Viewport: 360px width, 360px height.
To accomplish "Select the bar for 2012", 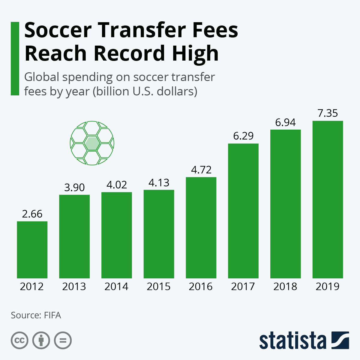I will click(x=32, y=250).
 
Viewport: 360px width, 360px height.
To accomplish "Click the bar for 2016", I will click(x=201, y=227).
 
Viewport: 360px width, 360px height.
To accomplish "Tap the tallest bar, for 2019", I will click(x=328, y=199).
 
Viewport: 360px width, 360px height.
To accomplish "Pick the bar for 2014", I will click(x=117, y=235).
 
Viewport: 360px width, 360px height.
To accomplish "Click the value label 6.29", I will click(x=243, y=136).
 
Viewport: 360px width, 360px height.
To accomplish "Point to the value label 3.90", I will click(x=74, y=187).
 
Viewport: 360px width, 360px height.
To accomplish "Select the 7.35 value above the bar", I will click(x=328, y=113).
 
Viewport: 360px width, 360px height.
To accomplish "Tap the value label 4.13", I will click(x=159, y=182).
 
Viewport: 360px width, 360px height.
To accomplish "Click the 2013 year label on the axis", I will click(x=74, y=286).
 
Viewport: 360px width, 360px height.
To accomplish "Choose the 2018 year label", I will click(x=285, y=286).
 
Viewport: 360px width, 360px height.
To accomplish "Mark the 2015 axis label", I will click(x=159, y=286).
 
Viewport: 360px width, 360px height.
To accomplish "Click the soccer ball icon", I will click(x=92, y=143).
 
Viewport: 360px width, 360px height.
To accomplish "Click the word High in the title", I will click(x=195, y=53).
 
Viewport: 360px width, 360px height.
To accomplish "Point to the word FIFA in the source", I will click(x=52, y=315).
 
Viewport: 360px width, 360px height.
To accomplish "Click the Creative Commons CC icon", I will click(x=19, y=340).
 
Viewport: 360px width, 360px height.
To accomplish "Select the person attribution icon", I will click(x=41, y=340).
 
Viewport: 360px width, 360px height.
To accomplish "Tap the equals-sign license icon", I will click(x=63, y=340).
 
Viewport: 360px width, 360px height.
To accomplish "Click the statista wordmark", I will click(x=292, y=341).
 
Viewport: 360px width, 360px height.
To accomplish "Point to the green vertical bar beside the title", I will click(x=15, y=58).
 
